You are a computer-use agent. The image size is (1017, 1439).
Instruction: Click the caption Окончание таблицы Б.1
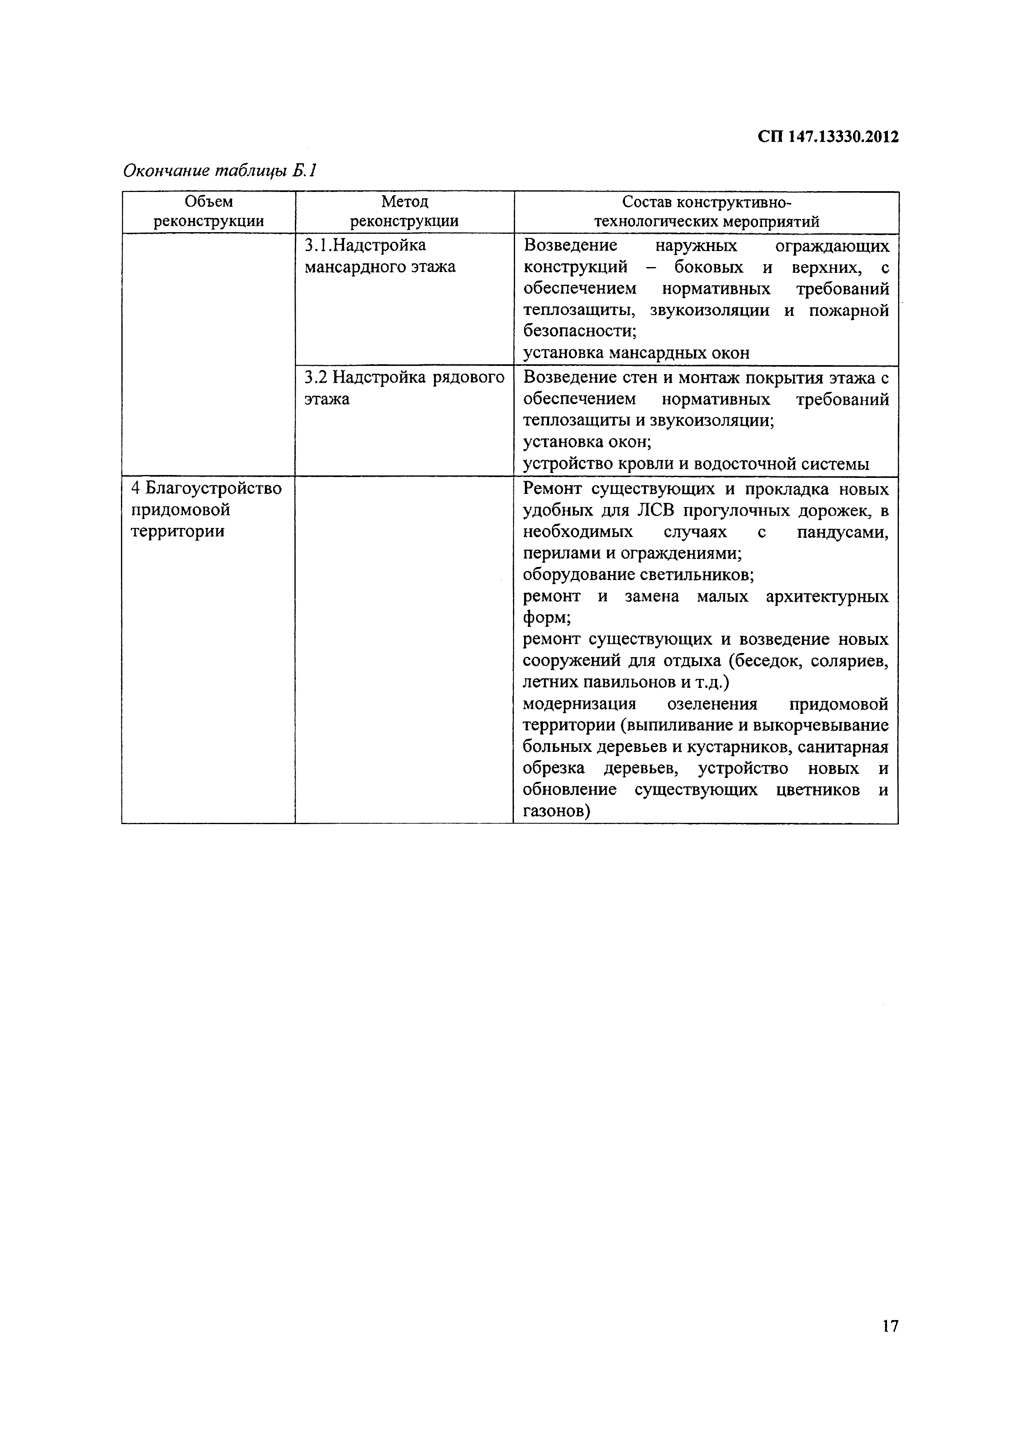[220, 171]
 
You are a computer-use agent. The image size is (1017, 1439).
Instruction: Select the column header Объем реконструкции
[209, 211]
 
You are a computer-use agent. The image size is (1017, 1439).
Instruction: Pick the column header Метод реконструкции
[404, 211]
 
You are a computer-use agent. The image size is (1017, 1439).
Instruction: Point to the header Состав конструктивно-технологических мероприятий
[706, 212]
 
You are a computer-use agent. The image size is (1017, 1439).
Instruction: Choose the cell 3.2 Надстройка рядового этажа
[404, 388]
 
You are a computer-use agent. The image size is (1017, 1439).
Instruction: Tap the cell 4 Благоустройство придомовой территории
[207, 509]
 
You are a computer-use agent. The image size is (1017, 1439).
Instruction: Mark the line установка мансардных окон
[636, 353]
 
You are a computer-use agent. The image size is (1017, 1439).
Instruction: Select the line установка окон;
[587, 442]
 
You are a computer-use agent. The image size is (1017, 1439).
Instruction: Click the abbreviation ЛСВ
[657, 511]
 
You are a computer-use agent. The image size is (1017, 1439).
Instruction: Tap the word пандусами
[842, 532]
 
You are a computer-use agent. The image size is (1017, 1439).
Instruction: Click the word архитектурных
[826, 596]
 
